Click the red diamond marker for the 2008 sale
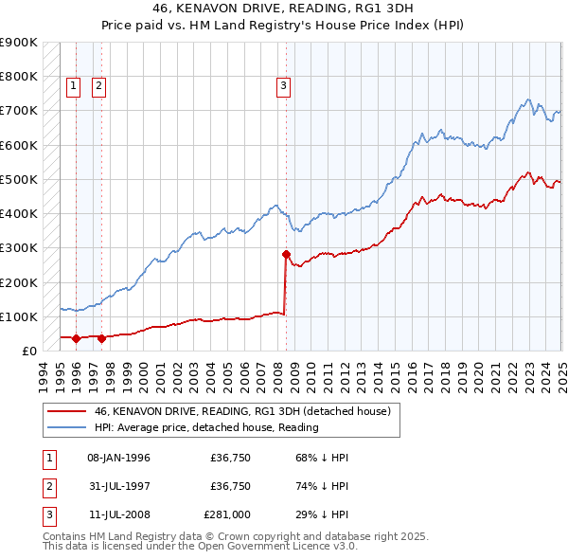pyautogui.click(x=286, y=254)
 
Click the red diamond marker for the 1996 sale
pyautogui.click(x=76, y=337)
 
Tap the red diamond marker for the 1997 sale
pyautogui.click(x=101, y=337)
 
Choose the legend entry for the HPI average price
pyautogui.click(x=205, y=427)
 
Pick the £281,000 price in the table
pyautogui.click(x=227, y=517)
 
